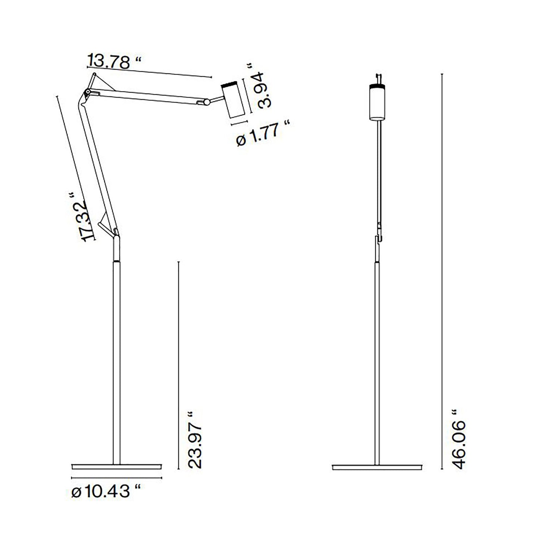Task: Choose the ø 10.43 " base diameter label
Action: tap(106, 492)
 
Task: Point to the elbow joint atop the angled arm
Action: tap(87, 92)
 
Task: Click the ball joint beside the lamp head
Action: tap(206, 101)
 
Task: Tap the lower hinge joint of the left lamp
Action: tap(116, 233)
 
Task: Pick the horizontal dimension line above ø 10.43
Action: tap(117, 478)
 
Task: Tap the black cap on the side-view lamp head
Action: tap(230, 83)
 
